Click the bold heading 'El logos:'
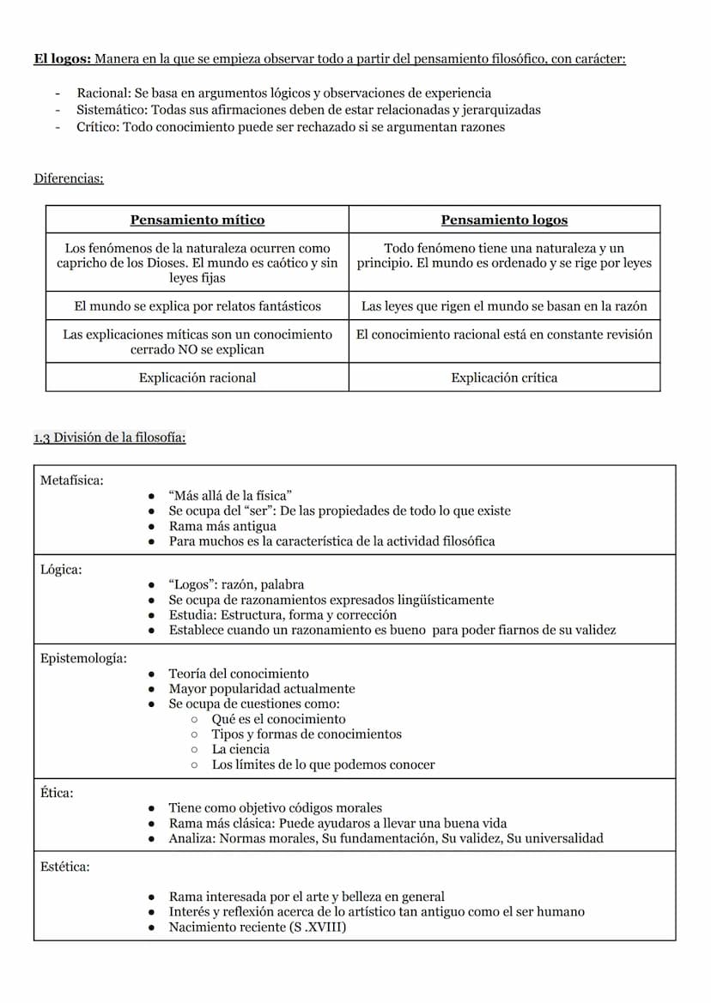63,59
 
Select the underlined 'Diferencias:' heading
69,178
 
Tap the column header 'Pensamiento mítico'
197,220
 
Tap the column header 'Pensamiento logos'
504,220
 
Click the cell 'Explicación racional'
197,377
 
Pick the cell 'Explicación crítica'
504,377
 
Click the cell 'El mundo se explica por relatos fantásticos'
197,305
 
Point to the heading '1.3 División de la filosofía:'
110,438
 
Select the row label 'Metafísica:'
71,480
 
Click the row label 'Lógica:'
61,570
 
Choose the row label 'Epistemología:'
83,658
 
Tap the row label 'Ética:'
57,793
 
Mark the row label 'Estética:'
65,867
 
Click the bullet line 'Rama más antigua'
222,526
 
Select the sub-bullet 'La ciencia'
240,749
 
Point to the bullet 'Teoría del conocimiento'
239,674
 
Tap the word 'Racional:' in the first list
104,93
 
